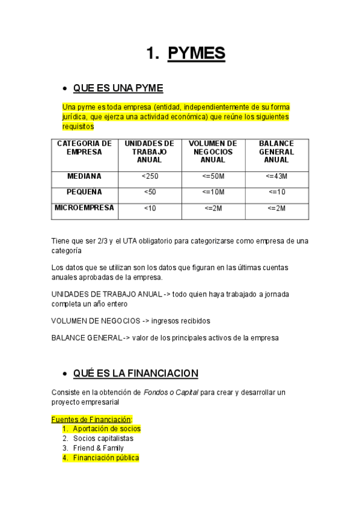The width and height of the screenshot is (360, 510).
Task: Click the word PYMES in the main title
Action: click(197, 54)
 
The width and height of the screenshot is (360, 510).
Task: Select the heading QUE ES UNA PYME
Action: click(118, 88)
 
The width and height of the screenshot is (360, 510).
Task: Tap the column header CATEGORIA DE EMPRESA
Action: click(84, 148)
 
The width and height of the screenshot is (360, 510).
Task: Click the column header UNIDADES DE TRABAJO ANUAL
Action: click(150, 152)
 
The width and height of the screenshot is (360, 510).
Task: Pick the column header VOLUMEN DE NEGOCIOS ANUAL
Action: click(213, 152)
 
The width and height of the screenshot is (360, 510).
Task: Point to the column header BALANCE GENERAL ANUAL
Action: click(276, 152)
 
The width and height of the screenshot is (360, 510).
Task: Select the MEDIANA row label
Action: click(84, 176)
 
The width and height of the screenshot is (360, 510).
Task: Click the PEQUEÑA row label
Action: click(84, 192)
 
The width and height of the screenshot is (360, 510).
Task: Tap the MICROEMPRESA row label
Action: click(84, 207)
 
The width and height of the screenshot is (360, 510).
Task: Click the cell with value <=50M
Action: click(213, 176)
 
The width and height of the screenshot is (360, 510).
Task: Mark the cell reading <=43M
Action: click(276, 176)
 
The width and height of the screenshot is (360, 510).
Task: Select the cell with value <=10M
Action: click(213, 192)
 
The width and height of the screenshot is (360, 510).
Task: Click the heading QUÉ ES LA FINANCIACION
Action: click(135, 373)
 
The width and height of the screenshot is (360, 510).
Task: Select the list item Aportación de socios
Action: click(106, 429)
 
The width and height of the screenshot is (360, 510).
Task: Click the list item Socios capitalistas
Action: click(103, 438)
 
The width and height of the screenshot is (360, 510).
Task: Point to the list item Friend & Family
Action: click(99, 448)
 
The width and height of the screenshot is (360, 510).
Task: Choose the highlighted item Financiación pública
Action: click(106, 458)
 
